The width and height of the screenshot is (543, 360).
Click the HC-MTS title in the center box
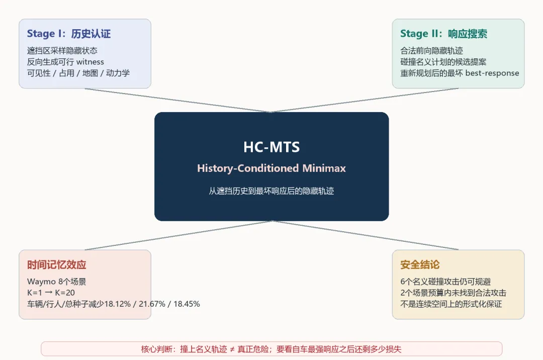[x=271, y=147]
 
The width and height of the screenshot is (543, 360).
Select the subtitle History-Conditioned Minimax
[x=271, y=168]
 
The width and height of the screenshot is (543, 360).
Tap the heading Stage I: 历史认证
[x=69, y=34]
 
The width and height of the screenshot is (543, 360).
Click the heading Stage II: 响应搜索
[x=443, y=34]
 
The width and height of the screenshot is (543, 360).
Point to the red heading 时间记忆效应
[x=56, y=265]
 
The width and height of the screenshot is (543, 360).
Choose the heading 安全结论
[x=420, y=265]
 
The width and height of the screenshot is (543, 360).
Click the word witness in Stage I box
[x=90, y=62]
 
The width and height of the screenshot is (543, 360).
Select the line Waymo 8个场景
[x=56, y=282]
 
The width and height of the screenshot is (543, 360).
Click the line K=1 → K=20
[x=51, y=293]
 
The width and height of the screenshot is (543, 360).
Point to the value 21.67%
[x=152, y=304]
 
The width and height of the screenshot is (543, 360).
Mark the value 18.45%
[x=187, y=304]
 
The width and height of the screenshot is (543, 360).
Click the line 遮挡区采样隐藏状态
[x=62, y=51]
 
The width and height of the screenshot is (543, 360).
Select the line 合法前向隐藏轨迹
[x=431, y=51]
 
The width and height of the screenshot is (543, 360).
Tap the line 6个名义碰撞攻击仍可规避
[x=445, y=282]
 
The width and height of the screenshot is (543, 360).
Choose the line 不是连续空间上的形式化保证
[x=451, y=304]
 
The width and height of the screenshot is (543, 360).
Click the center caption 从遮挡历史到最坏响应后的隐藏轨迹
[x=271, y=191]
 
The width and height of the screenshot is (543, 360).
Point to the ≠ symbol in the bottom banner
[x=232, y=349]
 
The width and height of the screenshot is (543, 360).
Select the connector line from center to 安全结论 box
[x=365, y=235]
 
